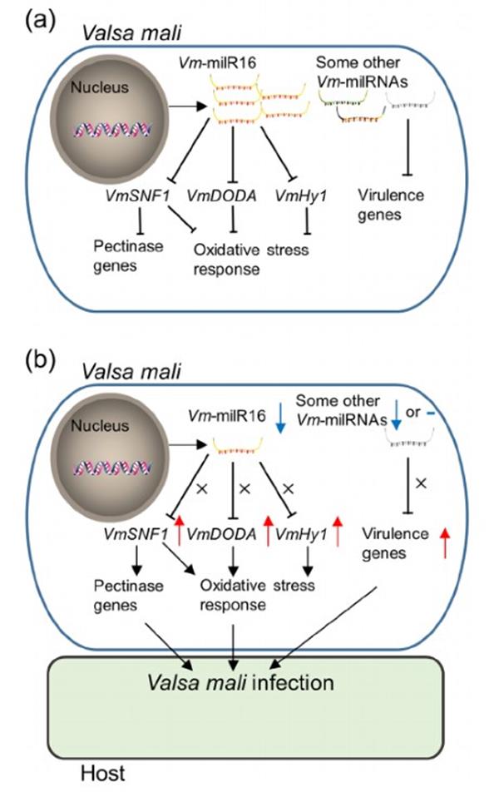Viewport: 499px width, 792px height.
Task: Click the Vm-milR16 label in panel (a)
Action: point(221,62)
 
